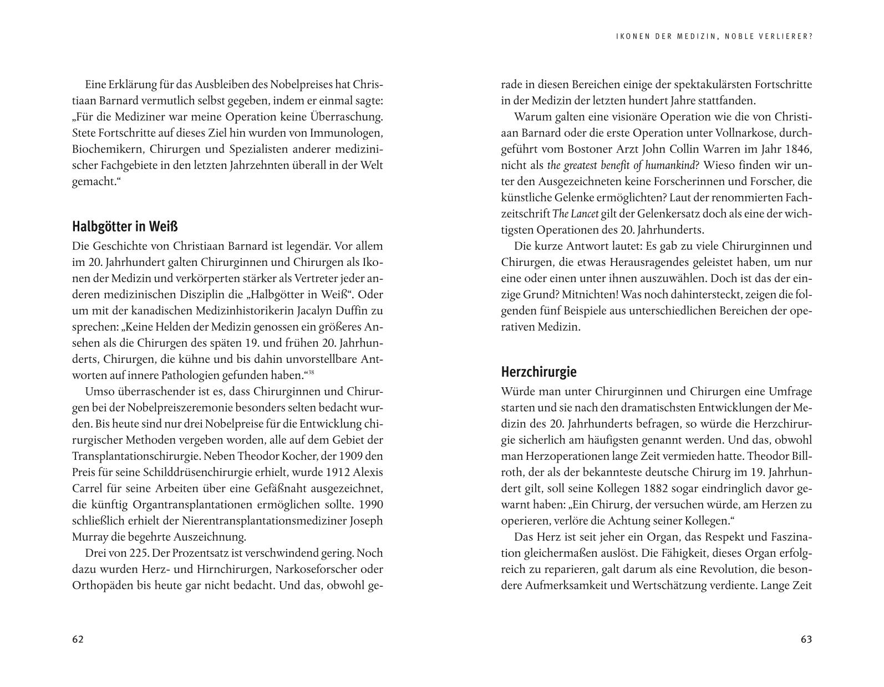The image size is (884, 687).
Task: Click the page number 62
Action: [78, 639]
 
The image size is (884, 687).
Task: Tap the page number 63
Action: [806, 639]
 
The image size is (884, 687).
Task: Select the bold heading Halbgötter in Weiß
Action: [125, 227]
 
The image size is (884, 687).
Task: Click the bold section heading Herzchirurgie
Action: [539, 372]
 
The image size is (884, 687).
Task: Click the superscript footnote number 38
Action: [311, 372]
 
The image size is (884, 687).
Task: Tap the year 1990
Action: [371, 505]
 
